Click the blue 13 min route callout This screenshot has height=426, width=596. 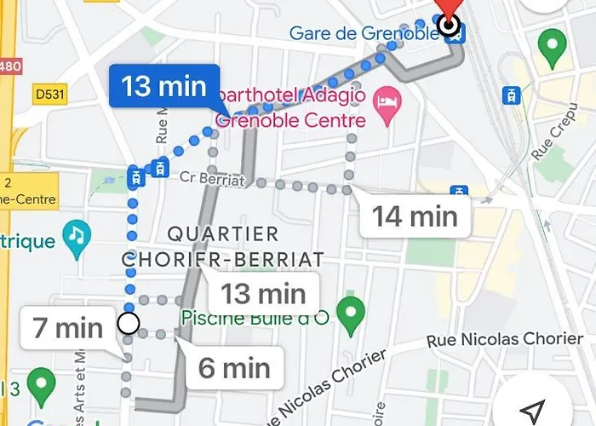tap(163, 86)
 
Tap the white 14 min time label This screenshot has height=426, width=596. tap(415, 216)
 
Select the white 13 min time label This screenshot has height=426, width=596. tap(263, 295)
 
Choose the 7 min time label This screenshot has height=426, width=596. tap(67, 327)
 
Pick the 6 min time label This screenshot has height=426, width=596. tap(234, 367)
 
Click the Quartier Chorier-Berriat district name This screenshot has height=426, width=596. tap(223, 245)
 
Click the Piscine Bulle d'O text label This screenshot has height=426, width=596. tap(255, 318)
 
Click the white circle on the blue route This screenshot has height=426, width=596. tap(129, 324)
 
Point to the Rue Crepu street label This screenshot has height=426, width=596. tap(548, 141)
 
